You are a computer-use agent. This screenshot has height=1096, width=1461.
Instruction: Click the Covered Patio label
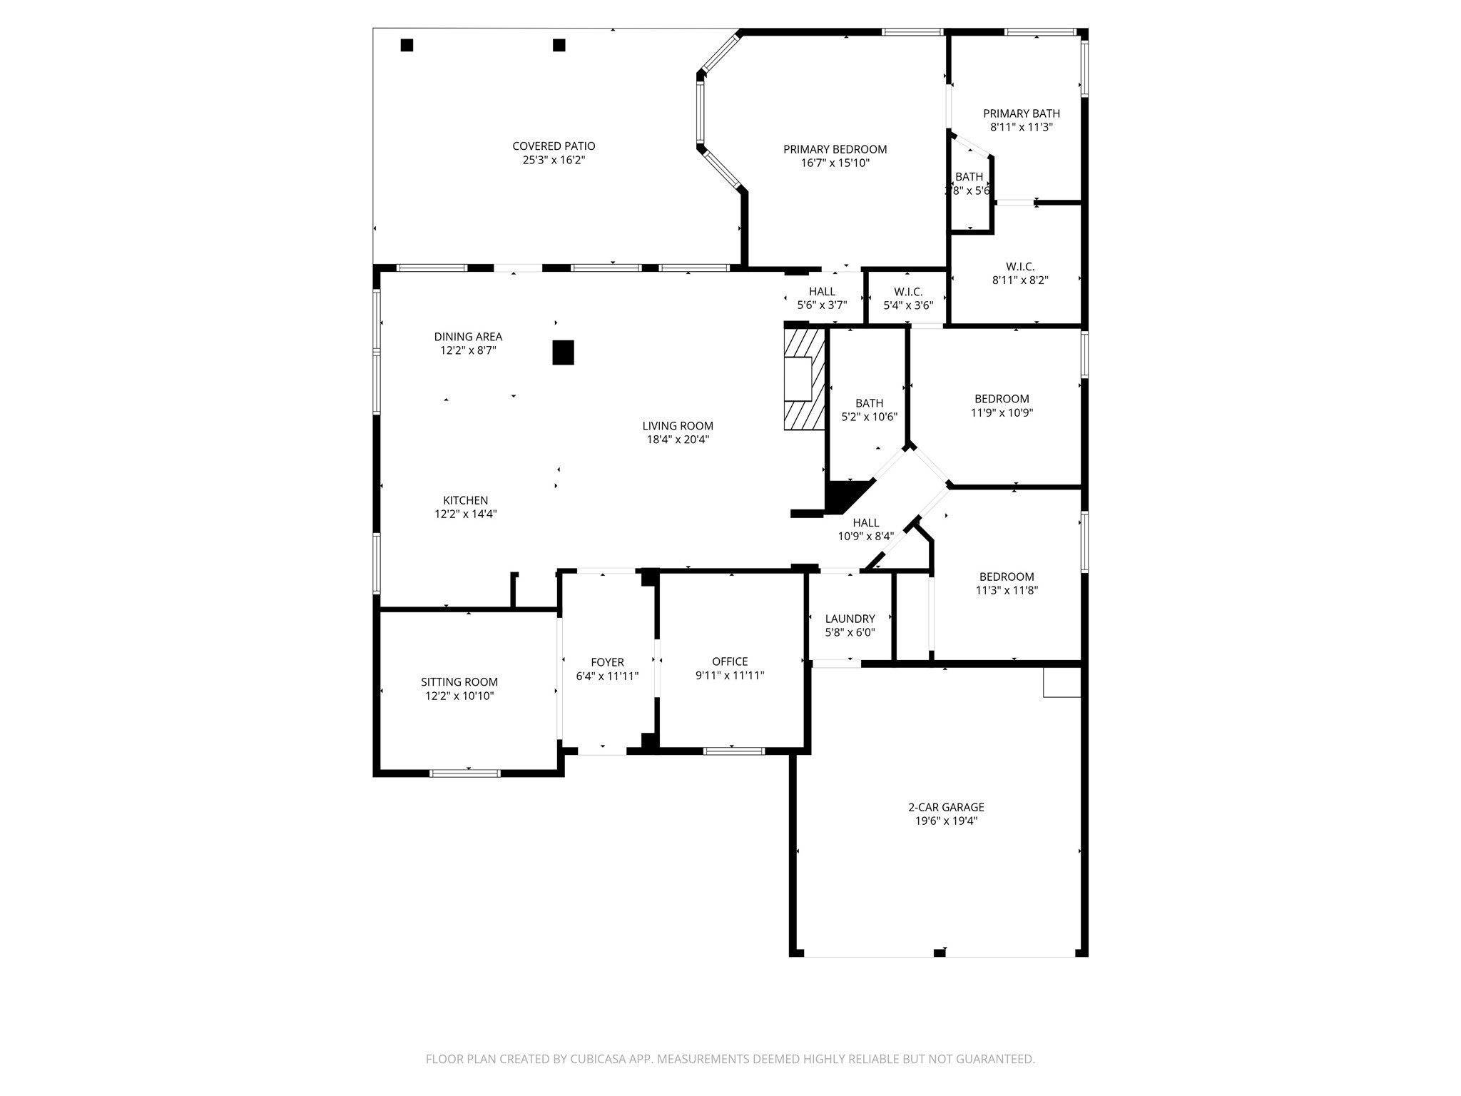(x=554, y=146)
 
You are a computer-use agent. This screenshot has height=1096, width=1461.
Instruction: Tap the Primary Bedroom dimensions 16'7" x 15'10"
(x=835, y=163)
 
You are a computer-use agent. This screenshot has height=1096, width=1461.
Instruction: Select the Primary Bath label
(x=1021, y=113)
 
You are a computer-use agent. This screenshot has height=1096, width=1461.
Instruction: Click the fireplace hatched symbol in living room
(x=804, y=378)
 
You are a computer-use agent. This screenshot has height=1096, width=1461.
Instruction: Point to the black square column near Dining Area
(x=563, y=352)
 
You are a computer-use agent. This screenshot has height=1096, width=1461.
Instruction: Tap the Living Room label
(x=677, y=426)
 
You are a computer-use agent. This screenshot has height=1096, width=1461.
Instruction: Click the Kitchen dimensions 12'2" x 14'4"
(x=465, y=514)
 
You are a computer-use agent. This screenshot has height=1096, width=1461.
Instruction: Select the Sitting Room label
(x=459, y=682)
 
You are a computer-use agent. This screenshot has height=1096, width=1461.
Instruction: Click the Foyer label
(x=607, y=662)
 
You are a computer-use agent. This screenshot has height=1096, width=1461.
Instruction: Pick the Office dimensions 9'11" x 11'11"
(x=729, y=675)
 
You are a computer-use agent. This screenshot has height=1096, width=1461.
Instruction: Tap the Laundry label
(x=850, y=619)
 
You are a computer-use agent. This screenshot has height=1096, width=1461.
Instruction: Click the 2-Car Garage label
(x=946, y=807)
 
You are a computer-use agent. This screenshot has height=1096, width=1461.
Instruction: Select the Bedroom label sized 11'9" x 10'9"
(x=1002, y=399)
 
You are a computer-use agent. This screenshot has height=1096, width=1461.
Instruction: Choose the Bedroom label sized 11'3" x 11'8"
(x=1006, y=577)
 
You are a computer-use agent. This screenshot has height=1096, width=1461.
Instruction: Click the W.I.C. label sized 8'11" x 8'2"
(x=1020, y=267)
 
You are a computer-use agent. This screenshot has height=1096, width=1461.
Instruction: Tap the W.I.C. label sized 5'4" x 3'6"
(x=907, y=292)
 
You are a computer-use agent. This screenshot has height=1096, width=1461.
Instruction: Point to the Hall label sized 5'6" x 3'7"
(x=822, y=291)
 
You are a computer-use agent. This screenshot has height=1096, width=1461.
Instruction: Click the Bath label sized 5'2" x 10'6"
(x=869, y=403)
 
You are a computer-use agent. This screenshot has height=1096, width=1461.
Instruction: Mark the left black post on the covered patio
(x=407, y=45)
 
